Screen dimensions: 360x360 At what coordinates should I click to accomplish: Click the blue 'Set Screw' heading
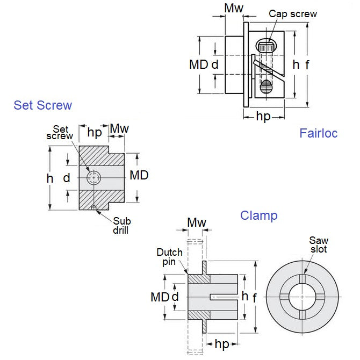point(42,105)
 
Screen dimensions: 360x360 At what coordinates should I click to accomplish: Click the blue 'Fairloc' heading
point(318,133)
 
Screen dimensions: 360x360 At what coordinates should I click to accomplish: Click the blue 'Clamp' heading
point(258,215)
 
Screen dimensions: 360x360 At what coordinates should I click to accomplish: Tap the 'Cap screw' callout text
point(293,14)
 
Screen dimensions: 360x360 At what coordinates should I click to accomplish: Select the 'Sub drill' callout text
point(121,226)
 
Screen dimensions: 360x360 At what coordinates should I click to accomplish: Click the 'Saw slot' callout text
point(318,245)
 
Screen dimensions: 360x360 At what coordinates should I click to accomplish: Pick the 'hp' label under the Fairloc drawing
point(263,116)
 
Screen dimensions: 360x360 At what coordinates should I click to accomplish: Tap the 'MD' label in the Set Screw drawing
point(139,175)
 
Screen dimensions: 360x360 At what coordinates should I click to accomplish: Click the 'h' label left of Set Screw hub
point(49,178)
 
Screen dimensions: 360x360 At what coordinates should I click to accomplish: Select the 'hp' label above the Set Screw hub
point(95,132)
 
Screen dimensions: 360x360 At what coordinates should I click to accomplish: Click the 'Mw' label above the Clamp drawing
point(196,222)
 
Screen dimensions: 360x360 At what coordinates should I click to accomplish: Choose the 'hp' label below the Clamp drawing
point(222,343)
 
